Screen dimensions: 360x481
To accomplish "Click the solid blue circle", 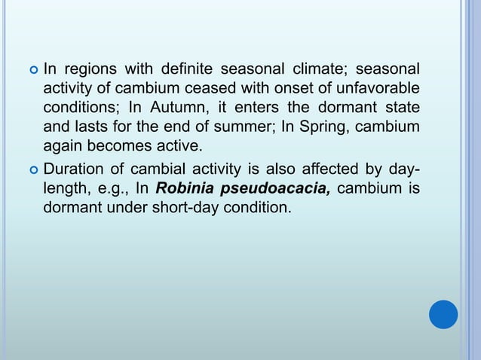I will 443,314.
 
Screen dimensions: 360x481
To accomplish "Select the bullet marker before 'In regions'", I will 32,71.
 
